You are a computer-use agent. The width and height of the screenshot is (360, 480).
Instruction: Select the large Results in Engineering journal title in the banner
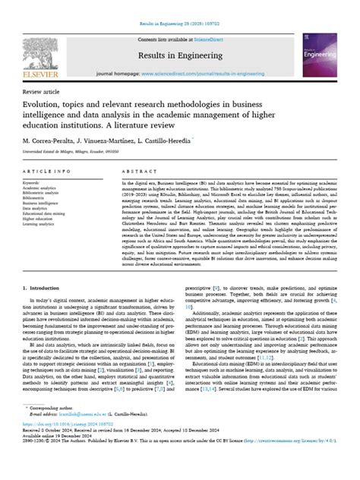pyautogui.click(x=180, y=56)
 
